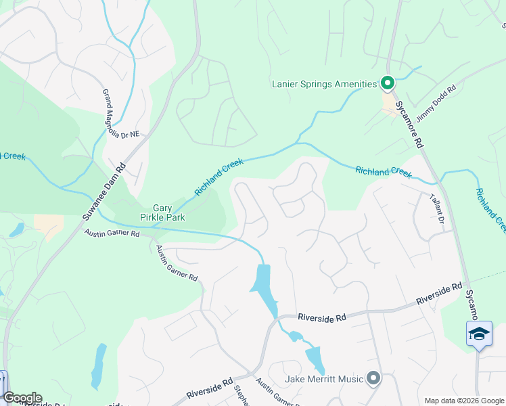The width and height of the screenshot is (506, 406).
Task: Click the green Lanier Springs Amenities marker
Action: click(x=388, y=84)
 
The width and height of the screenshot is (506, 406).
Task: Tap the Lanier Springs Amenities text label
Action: click(x=324, y=84)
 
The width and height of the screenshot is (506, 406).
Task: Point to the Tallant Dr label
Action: click(x=437, y=209)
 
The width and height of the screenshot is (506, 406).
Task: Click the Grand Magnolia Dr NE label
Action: click(x=120, y=114)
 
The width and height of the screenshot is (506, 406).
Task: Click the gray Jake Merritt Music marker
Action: click(x=373, y=378)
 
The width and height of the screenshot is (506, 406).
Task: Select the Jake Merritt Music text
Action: click(x=324, y=379)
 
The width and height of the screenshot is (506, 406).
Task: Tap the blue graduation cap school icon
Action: click(x=479, y=334)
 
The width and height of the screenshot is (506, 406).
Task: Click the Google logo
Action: click(x=22, y=398)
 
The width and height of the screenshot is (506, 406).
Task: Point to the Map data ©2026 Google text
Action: click(x=464, y=401)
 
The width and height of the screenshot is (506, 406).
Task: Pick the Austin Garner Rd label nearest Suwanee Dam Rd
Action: click(x=112, y=233)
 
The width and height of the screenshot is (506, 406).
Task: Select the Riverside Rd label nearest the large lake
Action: click(x=322, y=317)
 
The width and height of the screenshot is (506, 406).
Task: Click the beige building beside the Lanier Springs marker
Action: click(x=390, y=104)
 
